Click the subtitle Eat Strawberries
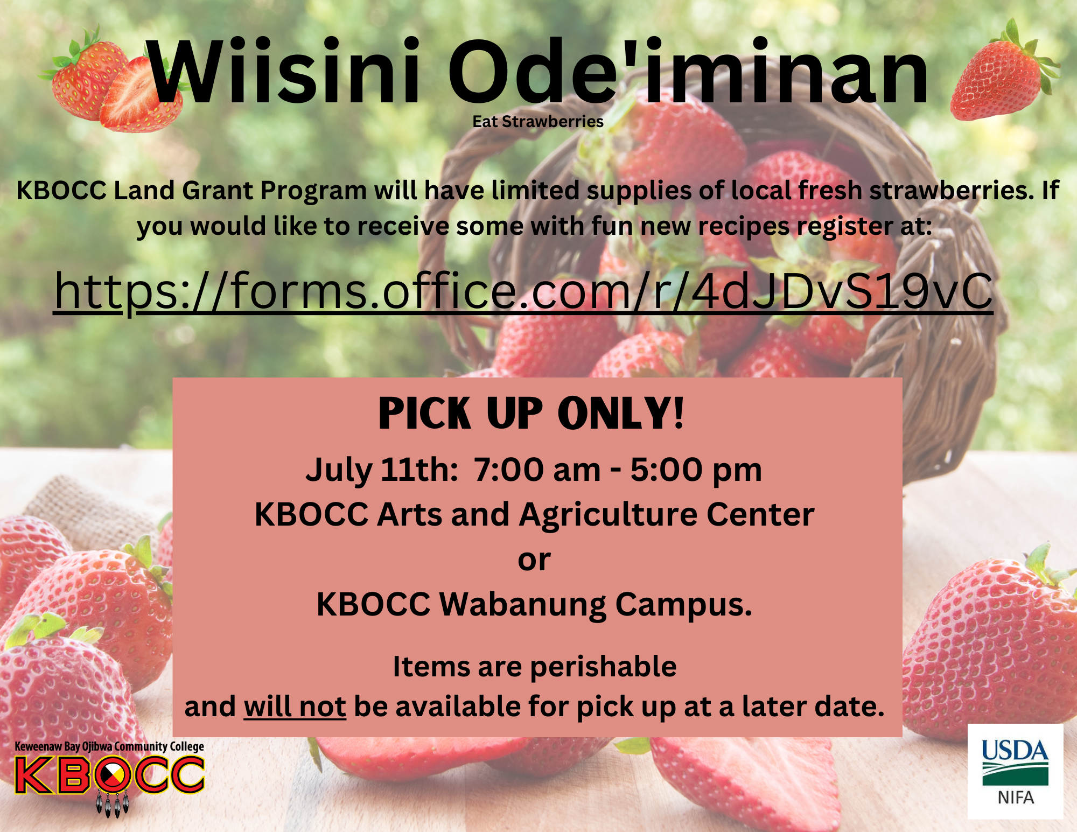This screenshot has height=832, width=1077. [538, 122]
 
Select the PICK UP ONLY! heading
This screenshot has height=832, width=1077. [531, 413]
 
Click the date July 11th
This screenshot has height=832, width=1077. [382, 470]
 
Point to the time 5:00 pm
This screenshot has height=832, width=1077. [696, 470]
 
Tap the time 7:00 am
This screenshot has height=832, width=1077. [537, 470]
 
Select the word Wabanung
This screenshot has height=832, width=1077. [523, 605]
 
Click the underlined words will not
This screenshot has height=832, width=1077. [295, 706]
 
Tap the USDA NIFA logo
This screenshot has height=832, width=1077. [1015, 771]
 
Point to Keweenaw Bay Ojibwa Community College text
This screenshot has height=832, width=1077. [109, 746]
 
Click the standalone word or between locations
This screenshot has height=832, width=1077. [534, 561]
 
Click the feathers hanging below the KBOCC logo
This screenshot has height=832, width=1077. [113, 804]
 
